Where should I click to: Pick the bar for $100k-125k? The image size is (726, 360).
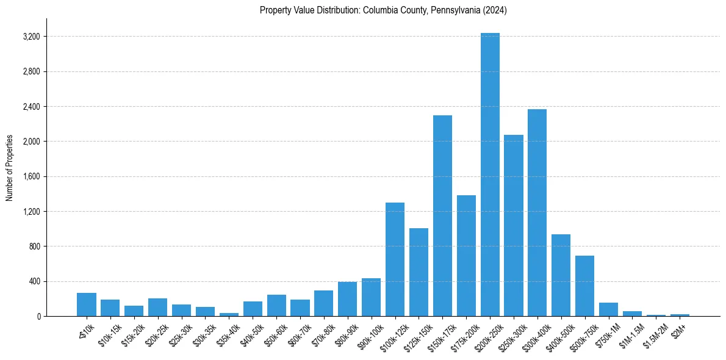point(395,259)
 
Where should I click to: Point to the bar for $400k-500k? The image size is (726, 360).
point(561,275)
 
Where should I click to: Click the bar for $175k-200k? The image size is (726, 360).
point(466,256)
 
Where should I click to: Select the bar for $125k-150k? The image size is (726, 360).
point(419,272)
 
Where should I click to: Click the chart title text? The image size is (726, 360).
point(383,10)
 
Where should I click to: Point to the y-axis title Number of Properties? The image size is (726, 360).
point(10,168)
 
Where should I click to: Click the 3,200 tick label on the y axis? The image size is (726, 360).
point(31,37)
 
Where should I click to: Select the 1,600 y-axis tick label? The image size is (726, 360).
point(31,177)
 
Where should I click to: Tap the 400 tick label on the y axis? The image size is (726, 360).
point(34,282)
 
